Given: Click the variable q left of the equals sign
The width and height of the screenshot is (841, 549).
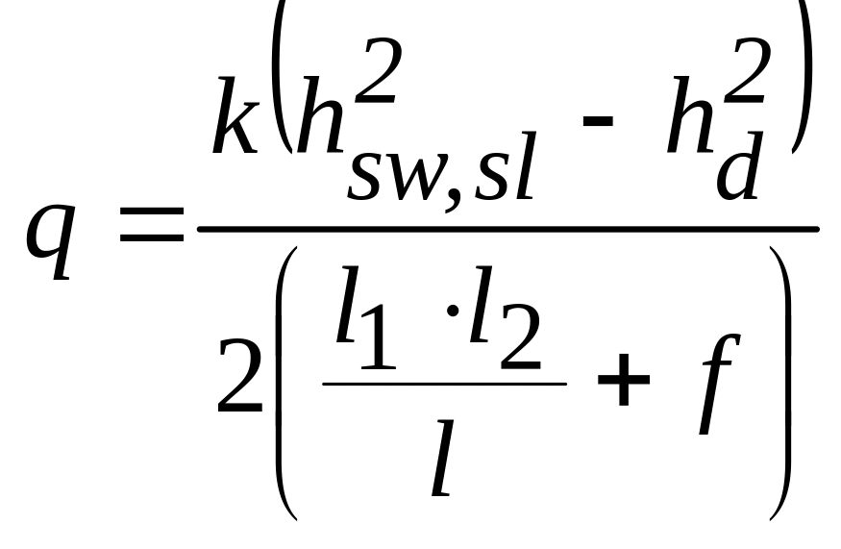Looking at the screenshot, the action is pyautogui.click(x=49, y=239).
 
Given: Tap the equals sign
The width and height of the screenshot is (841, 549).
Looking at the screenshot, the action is pyautogui.click(x=152, y=223).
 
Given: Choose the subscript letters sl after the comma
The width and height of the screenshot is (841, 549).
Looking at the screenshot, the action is pyautogui.click(x=505, y=165).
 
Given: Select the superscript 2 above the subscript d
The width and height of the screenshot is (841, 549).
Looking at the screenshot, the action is pyautogui.click(x=748, y=72).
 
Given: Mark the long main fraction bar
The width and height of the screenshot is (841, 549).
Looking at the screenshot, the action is pyautogui.click(x=507, y=229).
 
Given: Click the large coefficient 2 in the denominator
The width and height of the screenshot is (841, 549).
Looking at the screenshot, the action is pyautogui.click(x=239, y=376).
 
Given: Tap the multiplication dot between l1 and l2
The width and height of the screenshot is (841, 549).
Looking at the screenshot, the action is pyautogui.click(x=453, y=311).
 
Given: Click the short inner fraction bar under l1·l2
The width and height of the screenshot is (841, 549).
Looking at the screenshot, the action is pyautogui.click(x=444, y=385).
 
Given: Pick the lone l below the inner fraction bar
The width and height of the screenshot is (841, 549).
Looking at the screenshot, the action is pyautogui.click(x=443, y=459).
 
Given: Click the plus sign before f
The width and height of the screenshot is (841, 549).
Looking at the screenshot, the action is pyautogui.click(x=623, y=380).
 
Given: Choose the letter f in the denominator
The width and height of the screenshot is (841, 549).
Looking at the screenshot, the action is pyautogui.click(x=720, y=385).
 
